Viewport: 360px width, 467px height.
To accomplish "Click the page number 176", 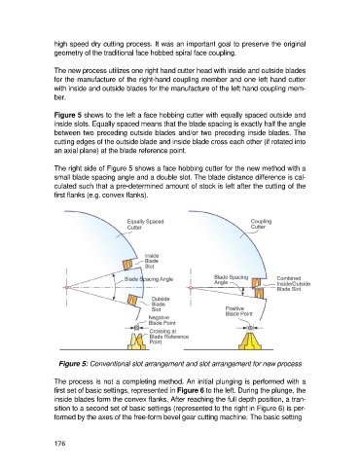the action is point(59,443).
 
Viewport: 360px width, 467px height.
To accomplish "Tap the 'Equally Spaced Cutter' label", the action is point(145,225).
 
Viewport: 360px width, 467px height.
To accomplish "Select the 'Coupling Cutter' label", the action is point(261,224).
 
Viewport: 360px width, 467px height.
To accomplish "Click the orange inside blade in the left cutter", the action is point(128,265).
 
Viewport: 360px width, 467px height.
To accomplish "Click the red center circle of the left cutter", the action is point(66,288).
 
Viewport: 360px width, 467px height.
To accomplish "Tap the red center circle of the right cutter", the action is point(191,288).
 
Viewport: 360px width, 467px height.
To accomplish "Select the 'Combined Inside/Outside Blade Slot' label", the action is point(293,283).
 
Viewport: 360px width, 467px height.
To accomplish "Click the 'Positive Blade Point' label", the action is point(238,311).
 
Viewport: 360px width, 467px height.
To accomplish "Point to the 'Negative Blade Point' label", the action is point(162,320).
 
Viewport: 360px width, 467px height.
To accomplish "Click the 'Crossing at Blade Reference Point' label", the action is point(168,337).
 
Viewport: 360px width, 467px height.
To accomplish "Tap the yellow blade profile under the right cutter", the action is point(250,341).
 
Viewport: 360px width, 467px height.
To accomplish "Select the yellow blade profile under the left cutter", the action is point(138,341).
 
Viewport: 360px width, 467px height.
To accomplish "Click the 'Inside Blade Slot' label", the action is point(152,261).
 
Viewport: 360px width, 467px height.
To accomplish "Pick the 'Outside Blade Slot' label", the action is point(161,305).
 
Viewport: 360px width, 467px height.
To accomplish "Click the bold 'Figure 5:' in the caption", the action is point(73,364).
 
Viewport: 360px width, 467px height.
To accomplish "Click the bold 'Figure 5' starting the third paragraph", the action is point(68,115).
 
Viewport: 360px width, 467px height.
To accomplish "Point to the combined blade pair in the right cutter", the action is point(259,288).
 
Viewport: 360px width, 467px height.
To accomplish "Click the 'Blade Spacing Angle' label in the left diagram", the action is point(149,279).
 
